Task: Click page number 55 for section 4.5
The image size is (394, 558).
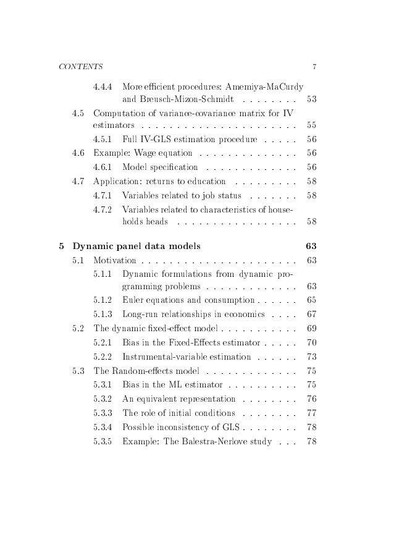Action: (311, 125)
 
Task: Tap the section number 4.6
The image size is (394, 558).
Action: (78, 153)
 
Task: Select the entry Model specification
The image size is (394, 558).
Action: (161, 167)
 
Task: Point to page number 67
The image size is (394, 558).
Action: (311, 315)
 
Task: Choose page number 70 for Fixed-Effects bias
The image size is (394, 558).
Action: (311, 342)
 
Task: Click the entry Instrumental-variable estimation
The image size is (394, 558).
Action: (187, 357)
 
